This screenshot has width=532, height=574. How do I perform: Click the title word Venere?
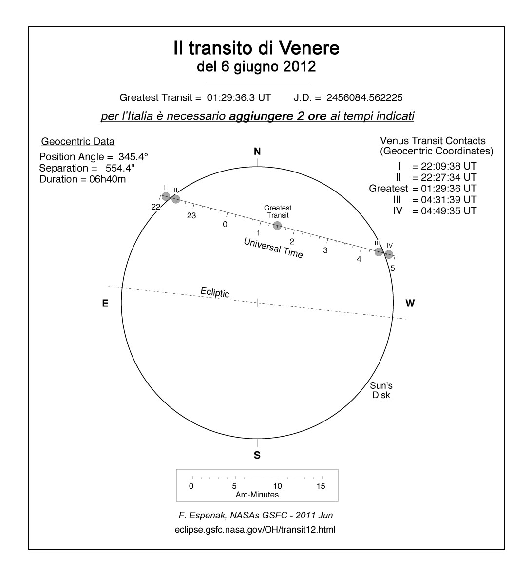(308, 48)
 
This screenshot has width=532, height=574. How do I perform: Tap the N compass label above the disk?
(257, 152)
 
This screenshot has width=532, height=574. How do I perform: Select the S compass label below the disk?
(257, 455)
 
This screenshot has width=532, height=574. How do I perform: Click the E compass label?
(105, 303)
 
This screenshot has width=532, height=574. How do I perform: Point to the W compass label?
(410, 303)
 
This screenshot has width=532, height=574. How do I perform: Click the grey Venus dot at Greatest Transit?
(277, 225)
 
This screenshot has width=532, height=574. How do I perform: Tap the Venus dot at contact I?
(166, 196)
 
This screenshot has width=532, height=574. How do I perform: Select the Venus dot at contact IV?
(389, 254)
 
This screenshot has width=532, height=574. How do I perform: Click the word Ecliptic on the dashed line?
(215, 292)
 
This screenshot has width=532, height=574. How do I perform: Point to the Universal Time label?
(273, 248)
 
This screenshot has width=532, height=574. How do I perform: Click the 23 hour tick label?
(191, 215)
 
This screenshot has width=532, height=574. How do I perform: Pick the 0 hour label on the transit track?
(225, 224)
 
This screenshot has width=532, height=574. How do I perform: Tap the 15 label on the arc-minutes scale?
(321, 486)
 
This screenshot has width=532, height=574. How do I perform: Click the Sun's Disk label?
(381, 390)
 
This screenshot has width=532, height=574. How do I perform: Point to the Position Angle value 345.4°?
(133, 157)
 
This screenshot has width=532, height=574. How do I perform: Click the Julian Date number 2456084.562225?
(364, 97)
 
